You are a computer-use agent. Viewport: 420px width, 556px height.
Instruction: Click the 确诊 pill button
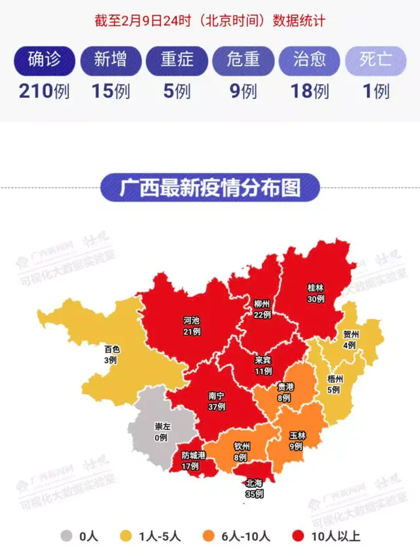(45, 60)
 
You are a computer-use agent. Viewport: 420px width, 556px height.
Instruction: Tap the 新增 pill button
(110, 60)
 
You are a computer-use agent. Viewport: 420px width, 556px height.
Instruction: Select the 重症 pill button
(177, 60)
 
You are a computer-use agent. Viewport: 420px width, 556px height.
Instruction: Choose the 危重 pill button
(243, 60)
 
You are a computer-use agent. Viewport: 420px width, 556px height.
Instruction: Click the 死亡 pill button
(375, 60)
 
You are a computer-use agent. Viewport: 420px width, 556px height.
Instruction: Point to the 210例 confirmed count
(45, 91)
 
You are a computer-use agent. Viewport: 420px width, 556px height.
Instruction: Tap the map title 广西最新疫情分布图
(210, 188)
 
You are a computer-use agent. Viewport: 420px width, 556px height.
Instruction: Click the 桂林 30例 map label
(316, 293)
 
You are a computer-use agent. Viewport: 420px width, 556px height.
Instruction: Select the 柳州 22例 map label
(262, 309)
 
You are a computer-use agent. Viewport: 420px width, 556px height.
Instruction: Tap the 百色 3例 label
(110, 354)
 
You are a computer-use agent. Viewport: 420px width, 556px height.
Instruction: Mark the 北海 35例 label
(254, 489)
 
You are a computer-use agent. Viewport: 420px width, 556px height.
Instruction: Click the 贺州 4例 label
(349, 339)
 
